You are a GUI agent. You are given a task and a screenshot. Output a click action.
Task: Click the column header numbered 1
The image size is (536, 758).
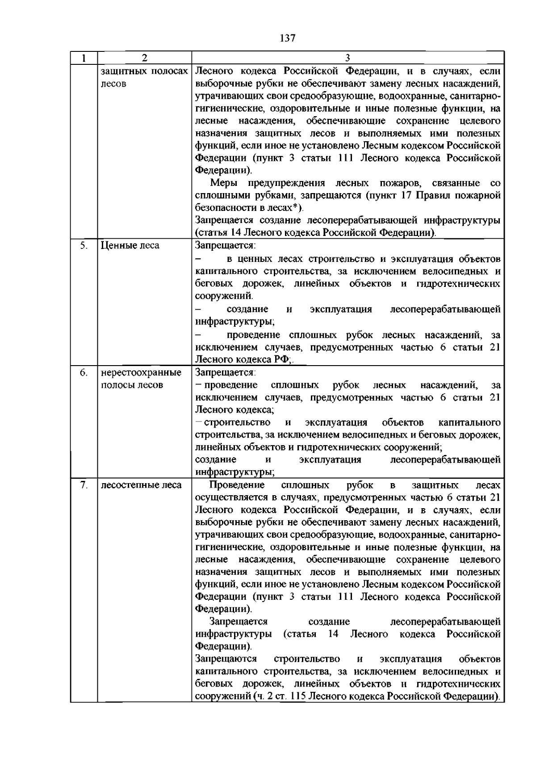tap(84, 58)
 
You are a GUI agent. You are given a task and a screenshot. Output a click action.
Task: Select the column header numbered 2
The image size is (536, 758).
tap(144, 58)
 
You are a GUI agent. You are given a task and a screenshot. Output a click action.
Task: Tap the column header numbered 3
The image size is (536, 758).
tap(348, 58)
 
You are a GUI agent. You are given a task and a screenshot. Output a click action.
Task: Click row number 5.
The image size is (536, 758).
tap(84, 245)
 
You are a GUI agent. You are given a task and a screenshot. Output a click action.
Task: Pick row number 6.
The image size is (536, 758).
tap(84, 373)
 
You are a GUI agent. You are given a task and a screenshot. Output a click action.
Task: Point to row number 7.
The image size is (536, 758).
tap(84, 485)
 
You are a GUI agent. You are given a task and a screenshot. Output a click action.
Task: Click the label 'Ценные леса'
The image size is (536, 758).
tap(130, 245)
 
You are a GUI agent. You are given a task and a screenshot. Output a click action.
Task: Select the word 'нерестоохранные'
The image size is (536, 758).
tap(141, 373)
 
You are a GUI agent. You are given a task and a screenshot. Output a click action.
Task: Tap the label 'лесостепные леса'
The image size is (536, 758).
tap(141, 485)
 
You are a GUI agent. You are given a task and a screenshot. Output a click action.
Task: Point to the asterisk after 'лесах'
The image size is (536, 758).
tap(295, 206)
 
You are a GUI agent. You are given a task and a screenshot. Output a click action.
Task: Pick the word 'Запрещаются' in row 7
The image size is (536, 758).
tap(226, 659)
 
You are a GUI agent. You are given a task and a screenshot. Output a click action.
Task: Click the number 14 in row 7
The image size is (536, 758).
tap(333, 634)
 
